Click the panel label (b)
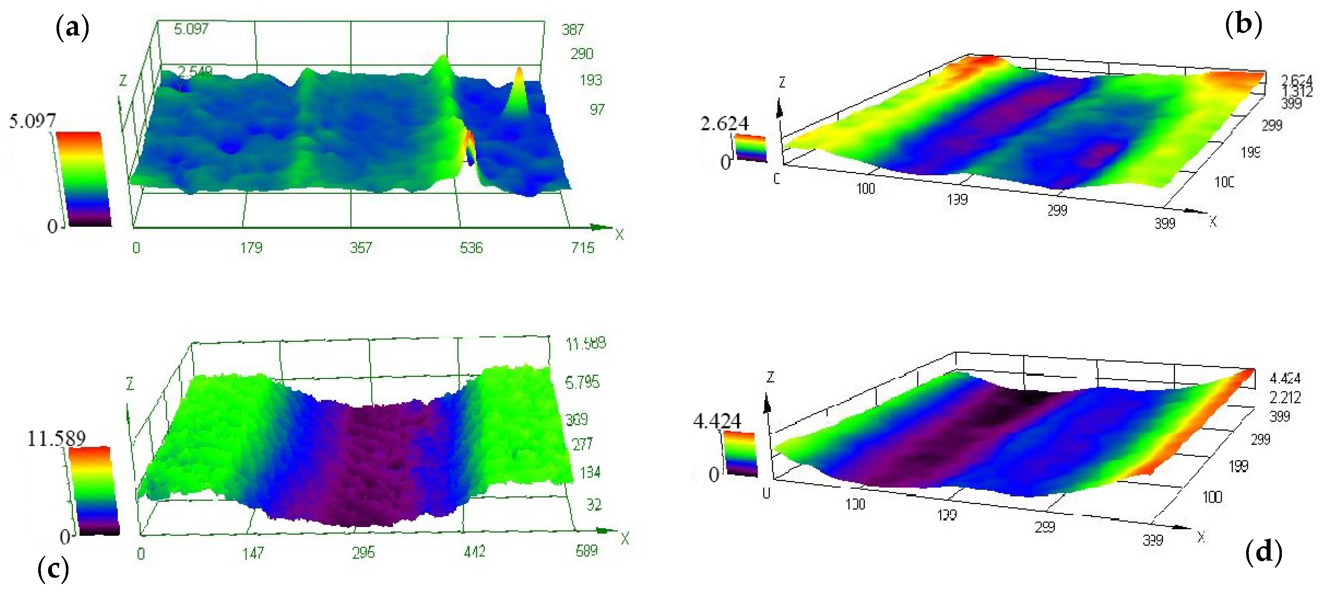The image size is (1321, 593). pyautogui.click(x=1243, y=24)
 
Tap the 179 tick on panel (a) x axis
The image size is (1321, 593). pyautogui.click(x=251, y=248)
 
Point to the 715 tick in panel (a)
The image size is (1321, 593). pyautogui.click(x=583, y=248)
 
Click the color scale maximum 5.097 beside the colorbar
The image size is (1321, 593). pyautogui.click(x=32, y=121)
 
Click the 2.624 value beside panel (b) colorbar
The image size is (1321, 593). pyautogui.click(x=724, y=124)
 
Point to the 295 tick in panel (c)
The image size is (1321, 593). pyautogui.click(x=363, y=552)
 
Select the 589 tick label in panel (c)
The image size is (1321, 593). pyautogui.click(x=587, y=551)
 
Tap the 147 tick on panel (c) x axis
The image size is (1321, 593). pyautogui.click(x=253, y=553)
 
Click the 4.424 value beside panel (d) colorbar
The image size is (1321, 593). pyautogui.click(x=717, y=421)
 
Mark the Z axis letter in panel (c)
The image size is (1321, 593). pyautogui.click(x=130, y=384)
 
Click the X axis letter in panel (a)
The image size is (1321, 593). pyautogui.click(x=620, y=235)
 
